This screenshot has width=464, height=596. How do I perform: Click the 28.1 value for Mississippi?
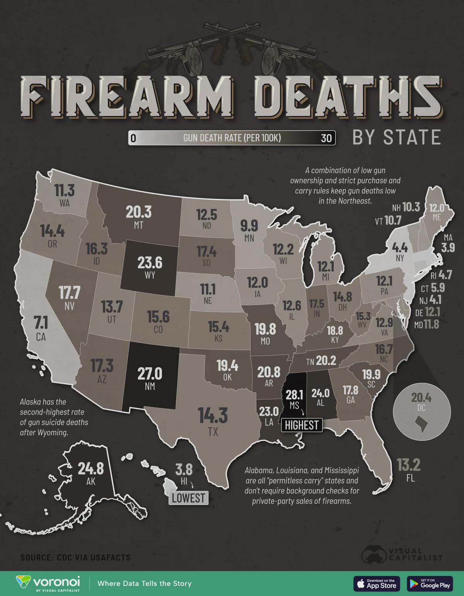click(x=294, y=395)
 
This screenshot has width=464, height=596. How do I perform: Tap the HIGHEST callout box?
click(x=302, y=425)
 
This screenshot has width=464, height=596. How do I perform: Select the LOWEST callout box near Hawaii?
click(x=188, y=498)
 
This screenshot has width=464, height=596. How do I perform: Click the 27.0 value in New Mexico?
click(x=150, y=374)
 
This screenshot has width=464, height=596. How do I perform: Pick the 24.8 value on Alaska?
click(x=91, y=468)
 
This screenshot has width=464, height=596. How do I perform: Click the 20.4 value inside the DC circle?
click(x=421, y=397)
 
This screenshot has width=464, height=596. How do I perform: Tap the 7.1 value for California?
click(x=41, y=322)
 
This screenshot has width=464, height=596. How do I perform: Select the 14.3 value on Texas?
click(x=213, y=416)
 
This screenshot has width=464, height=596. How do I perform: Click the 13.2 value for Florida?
click(x=409, y=464)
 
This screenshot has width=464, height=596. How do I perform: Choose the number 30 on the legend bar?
click(x=326, y=138)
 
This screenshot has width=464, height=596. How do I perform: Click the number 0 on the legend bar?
click(x=133, y=138)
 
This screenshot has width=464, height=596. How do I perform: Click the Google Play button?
click(x=430, y=583)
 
